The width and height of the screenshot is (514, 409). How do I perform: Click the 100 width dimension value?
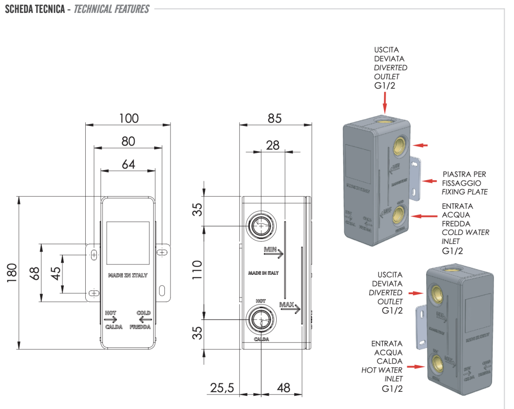pos(129,118)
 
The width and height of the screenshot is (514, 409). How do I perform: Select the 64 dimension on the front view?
pos(128,164)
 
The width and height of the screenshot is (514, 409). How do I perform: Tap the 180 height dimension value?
pos(12,273)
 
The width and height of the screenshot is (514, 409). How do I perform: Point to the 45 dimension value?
pos(55,274)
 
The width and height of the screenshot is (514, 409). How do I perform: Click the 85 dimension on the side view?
pos(275,118)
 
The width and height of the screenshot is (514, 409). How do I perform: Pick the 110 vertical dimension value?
pos(197,270)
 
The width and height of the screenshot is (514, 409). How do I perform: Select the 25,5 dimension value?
pos(222,388)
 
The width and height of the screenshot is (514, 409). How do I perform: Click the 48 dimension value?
pos(283,388)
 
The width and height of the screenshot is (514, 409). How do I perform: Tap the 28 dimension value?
pos(272,145)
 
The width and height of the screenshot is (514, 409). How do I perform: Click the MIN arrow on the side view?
pos(273,252)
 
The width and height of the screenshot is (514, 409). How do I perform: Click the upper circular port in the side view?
pos(261,225)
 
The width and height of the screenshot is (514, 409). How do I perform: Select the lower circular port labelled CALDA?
pos(261,319)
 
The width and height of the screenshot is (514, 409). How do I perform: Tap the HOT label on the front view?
pos(111,313)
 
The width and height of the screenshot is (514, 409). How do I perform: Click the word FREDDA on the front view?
pos(141,327)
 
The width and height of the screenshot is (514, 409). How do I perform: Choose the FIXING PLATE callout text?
pos(464,192)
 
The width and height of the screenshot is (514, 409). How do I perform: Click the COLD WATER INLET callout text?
pos(465,237)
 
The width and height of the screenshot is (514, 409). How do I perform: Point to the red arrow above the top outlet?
pos(385,102)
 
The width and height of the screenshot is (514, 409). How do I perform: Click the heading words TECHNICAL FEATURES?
pos(111,9)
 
